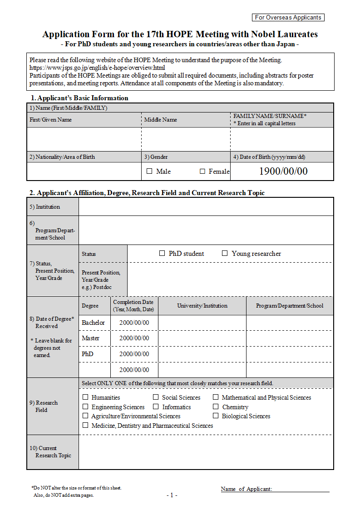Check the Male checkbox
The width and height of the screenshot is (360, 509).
tap(150, 171)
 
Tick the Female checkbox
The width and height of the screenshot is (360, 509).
tap(202, 171)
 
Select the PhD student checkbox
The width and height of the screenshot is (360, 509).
tap(162, 254)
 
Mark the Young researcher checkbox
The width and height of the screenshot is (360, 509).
tap(225, 254)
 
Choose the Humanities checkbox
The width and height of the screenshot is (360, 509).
tap(85, 397)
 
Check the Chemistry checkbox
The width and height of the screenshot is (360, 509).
tap(216, 407)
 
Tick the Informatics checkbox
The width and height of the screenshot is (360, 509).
tap(156, 407)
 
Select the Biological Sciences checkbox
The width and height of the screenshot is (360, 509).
tap(216, 416)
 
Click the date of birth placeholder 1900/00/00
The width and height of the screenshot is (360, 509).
tap(283, 171)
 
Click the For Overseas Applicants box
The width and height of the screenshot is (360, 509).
tap(288, 18)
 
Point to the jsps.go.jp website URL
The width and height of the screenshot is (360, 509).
tap(94, 68)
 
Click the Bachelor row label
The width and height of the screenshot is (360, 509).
tap(93, 323)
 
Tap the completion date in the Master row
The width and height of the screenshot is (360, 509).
tap(134, 338)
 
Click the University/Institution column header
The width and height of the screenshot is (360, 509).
tap(202, 306)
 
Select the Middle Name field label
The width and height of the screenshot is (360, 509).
tap(160, 120)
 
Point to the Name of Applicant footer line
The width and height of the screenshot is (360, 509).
tap(275, 489)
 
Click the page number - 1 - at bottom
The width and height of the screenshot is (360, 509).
tap(172, 495)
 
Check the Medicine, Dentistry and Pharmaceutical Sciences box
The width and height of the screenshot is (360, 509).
tap(85, 426)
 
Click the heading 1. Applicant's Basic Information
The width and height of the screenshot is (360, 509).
tap(79, 98)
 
